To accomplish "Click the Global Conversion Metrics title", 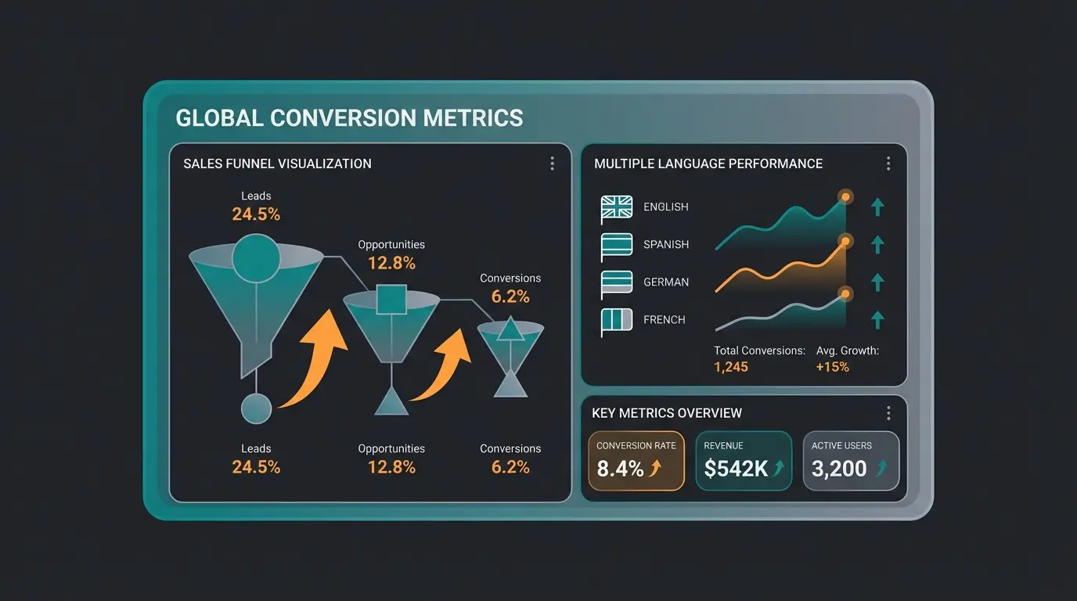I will (x=349, y=118).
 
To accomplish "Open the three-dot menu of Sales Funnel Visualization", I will (x=552, y=164).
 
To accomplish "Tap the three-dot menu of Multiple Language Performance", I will (x=888, y=164).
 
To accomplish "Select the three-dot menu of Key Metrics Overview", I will (x=888, y=413).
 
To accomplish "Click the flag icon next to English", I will (x=617, y=208).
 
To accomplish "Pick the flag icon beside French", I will (x=617, y=321).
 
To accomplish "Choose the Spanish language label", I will (x=665, y=245).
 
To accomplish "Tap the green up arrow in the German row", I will (x=877, y=282).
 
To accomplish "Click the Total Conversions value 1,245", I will (x=731, y=367).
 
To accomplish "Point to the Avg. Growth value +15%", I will (x=832, y=367).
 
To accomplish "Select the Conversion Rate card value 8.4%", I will (x=620, y=469).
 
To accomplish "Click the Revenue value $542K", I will (x=735, y=469).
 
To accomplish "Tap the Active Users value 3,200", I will (x=839, y=469).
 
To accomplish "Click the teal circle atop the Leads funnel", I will (x=256, y=257).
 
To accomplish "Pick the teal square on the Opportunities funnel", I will (x=391, y=299).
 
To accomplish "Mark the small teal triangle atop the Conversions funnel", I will (x=510, y=330).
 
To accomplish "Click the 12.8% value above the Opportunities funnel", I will (x=391, y=264).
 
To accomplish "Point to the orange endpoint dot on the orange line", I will (x=845, y=240).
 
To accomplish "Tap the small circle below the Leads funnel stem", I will (x=256, y=408).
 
